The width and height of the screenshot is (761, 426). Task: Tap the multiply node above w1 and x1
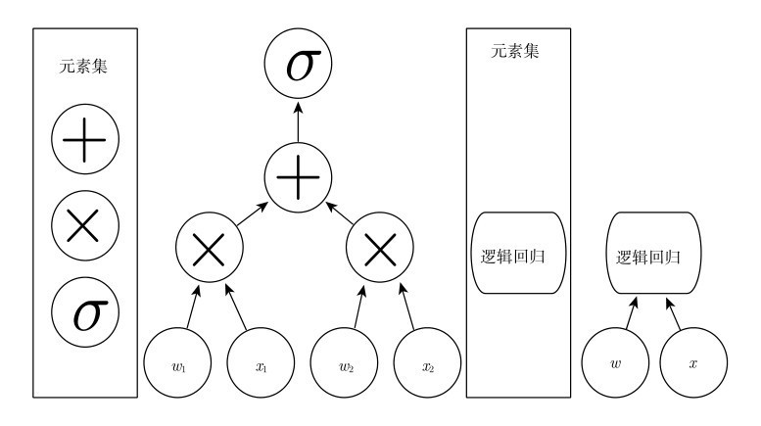coord(209,250)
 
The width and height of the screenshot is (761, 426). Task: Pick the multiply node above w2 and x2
coord(380,250)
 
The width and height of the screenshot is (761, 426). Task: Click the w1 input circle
coord(177,366)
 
